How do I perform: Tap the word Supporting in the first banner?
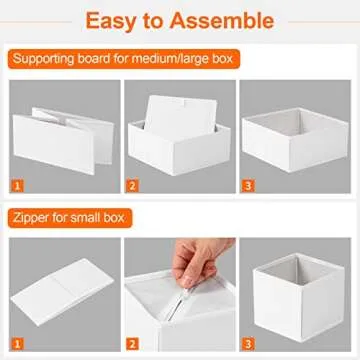(x=55, y=61)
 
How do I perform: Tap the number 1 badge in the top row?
(x=16, y=185)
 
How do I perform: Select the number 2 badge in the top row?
(x=132, y=185)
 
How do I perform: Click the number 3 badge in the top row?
(x=249, y=185)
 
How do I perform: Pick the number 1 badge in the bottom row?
(x=16, y=343)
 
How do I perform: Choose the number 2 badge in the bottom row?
(x=132, y=343)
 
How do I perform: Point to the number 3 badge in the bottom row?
(x=249, y=343)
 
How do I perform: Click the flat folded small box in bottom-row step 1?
(x=62, y=290)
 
